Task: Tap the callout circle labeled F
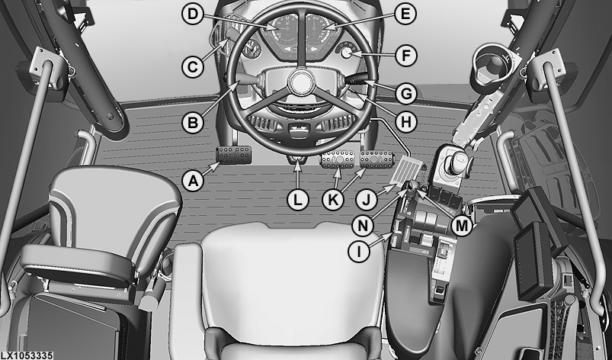coord(406,56)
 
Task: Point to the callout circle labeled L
coord(298,201)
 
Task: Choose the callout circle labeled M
coord(462,226)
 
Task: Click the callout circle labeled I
coord(359,252)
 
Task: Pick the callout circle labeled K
coord(333,201)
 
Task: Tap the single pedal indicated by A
coord(234,156)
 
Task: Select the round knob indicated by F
coord(346,53)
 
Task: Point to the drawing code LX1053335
coord(26,355)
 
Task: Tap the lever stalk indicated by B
coord(247,80)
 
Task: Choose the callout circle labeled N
coord(363,226)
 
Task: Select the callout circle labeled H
coord(406,122)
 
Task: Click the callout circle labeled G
coord(406,94)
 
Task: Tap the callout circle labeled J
coord(367,201)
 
